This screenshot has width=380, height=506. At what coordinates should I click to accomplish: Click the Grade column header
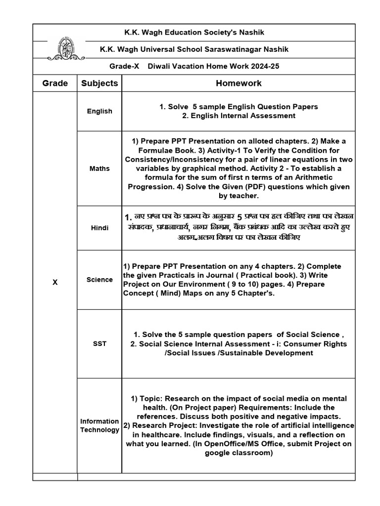55,83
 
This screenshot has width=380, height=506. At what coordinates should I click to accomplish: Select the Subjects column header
99,83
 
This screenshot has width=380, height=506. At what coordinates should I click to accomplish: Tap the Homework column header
238,83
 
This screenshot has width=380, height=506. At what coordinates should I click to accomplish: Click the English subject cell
99,111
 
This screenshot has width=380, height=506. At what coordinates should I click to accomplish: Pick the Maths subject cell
99,169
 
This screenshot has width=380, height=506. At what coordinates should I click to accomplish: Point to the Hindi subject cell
99,228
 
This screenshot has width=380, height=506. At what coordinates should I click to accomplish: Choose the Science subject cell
99,280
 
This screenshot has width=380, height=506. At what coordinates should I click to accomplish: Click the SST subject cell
99,343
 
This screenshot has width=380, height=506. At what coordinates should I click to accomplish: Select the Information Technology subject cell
99,425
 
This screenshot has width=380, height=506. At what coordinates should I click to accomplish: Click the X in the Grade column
55,282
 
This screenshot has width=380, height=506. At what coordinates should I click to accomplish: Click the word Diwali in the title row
162,66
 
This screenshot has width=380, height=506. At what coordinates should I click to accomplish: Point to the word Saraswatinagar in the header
232,49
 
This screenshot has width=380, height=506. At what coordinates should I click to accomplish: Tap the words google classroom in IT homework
238,453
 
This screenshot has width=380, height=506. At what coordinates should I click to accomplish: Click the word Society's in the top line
217,33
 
